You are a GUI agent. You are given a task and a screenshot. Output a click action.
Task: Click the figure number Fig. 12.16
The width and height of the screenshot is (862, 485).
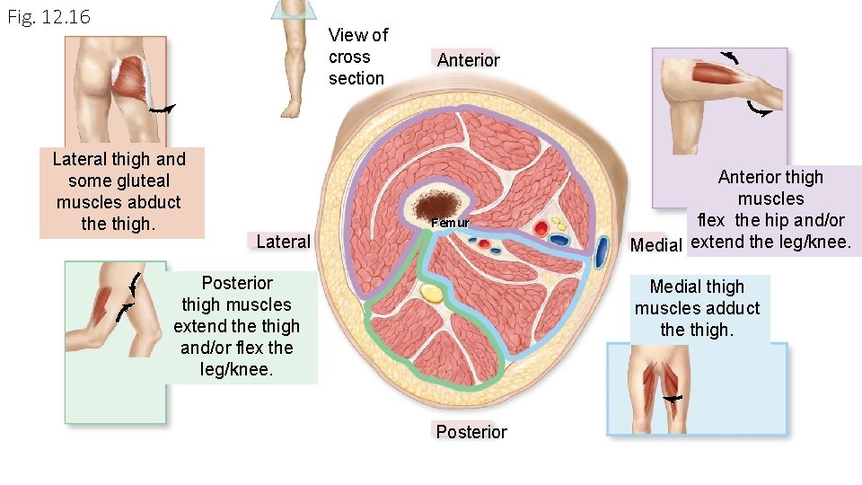click(x=48, y=17)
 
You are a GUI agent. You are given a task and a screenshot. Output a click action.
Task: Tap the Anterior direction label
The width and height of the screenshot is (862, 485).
click(x=468, y=60)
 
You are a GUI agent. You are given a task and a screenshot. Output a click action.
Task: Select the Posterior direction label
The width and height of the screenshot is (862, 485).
click(x=471, y=432)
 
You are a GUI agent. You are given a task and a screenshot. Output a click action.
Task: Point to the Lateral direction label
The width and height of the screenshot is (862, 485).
click(x=283, y=241)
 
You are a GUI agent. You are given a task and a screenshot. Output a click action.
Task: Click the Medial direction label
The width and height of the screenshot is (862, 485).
click(x=656, y=245)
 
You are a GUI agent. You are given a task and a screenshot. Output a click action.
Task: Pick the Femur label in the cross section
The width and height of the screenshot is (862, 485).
click(x=450, y=222)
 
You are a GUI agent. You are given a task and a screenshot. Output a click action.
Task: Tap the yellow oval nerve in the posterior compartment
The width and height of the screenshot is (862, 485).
click(x=433, y=293)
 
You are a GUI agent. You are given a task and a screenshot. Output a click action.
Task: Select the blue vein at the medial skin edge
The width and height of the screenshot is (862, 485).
click(x=599, y=254)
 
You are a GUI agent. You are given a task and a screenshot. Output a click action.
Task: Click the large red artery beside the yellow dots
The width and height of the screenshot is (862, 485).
click(x=541, y=229)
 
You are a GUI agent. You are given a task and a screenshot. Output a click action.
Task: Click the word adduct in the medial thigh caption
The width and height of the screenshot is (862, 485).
click(x=735, y=308)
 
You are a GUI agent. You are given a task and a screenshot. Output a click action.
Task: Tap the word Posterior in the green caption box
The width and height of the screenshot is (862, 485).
click(x=237, y=283)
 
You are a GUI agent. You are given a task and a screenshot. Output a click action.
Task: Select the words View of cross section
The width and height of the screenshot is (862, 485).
click(x=357, y=57)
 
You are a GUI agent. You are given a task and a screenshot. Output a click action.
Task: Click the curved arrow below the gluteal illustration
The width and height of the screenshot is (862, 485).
click(x=163, y=110)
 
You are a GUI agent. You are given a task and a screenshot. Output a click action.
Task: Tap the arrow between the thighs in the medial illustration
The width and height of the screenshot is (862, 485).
click(x=671, y=398)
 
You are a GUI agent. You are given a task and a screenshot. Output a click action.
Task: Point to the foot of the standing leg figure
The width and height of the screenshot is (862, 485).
click(x=290, y=110)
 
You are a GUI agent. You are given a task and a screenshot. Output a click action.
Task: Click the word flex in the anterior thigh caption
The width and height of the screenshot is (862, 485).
click(x=711, y=220)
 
